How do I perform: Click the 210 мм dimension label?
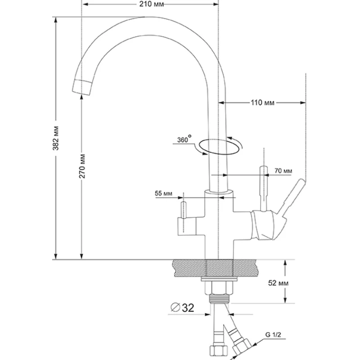click(x=149, y=4)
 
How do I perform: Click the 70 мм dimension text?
click(x=283, y=171)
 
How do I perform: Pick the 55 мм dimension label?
click(x=164, y=193)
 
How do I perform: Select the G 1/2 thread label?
click(x=274, y=334)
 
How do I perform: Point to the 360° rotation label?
click(x=183, y=140)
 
